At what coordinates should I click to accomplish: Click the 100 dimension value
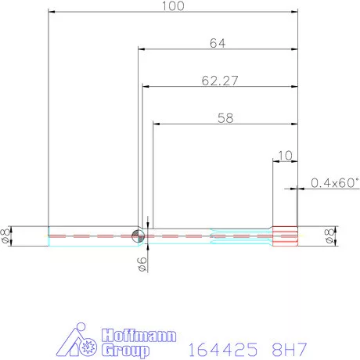point(173,6)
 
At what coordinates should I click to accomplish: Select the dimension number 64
point(218,44)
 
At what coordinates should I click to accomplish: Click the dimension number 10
point(284,155)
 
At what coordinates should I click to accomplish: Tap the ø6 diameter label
point(142,265)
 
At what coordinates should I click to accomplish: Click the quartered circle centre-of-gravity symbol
point(139,236)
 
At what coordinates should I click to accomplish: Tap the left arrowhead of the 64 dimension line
point(142,50)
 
